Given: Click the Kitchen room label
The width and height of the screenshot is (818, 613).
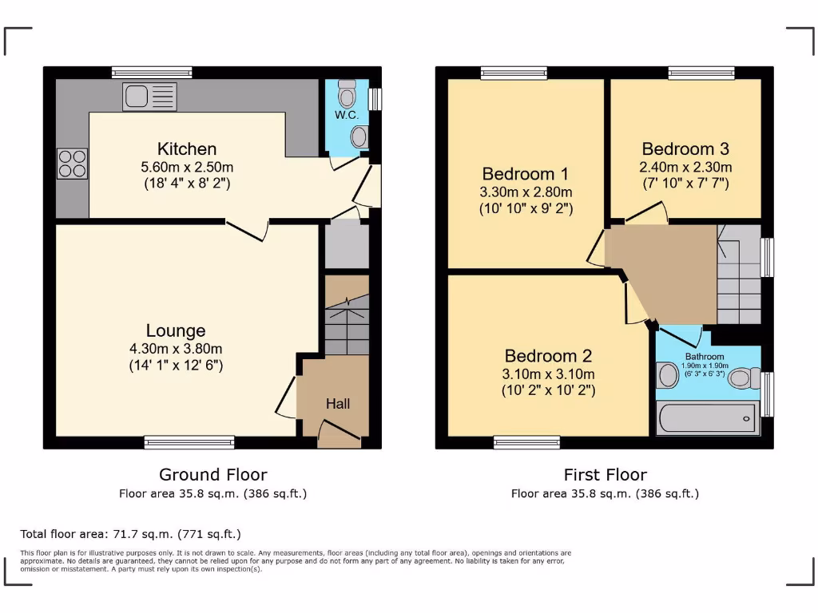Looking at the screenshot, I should pos(187,149).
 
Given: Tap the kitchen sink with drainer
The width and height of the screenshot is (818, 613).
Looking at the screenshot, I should pos(149,97).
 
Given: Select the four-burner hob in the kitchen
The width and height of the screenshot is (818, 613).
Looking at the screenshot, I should pos(72,164).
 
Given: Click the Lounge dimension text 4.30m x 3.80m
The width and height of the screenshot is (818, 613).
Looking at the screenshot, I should pos(176,349).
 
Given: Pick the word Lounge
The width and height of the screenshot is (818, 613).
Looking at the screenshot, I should pos(176,330).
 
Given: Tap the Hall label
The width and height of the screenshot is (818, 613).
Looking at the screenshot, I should pos(337,405).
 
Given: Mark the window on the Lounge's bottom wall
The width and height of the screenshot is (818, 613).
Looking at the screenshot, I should pos(189,442).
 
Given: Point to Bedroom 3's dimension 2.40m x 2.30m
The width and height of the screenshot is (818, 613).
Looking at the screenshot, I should pos(685,168).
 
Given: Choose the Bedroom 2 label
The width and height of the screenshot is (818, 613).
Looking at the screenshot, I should pos(548,356).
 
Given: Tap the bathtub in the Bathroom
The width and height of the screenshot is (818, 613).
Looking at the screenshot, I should pos(707,417).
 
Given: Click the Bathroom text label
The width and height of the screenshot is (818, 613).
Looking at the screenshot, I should pos(704,357).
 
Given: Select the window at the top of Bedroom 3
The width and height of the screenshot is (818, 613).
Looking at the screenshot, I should pos(701,73).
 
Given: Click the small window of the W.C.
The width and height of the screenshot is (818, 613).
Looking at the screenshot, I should pos(375,99).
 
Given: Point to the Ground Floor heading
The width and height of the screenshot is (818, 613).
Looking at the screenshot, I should pos(212,475).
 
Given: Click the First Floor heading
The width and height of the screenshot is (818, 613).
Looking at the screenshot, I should pos(605,475).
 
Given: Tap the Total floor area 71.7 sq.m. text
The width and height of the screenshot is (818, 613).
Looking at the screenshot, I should pos(130,534).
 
